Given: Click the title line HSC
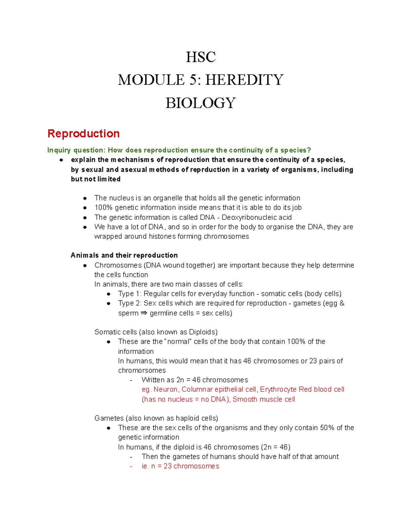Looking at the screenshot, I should coord(201,57).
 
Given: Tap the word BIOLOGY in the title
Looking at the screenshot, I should coord(201,103).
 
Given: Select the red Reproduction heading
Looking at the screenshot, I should coord(83,134).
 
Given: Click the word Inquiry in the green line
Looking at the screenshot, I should coord(59,150).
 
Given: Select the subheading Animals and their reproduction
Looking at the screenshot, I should coord(124,255).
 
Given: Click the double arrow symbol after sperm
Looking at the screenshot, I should coord(144,313).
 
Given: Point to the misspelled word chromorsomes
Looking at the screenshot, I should coord(142,370).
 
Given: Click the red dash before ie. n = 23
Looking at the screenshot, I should coord(131,466).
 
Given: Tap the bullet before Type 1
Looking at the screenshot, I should coord(109,294).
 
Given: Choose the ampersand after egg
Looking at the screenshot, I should coord(342,303).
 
